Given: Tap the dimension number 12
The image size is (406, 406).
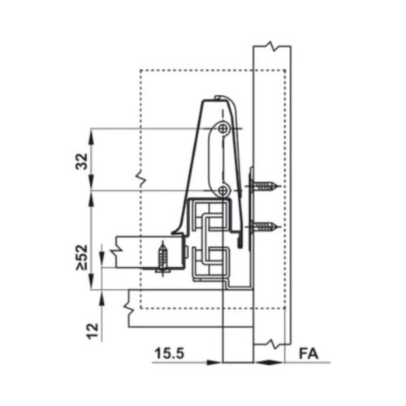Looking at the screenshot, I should pyautogui.click(x=93, y=330).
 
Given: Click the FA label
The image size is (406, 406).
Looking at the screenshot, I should pyautogui.click(x=307, y=355).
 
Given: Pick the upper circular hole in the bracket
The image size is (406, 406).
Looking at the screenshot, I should pyautogui.click(x=223, y=129).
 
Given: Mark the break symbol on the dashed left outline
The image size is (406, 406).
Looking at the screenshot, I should pyautogui.click(x=140, y=176).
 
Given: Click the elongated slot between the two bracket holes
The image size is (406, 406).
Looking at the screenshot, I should pyautogui.click(x=215, y=158).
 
